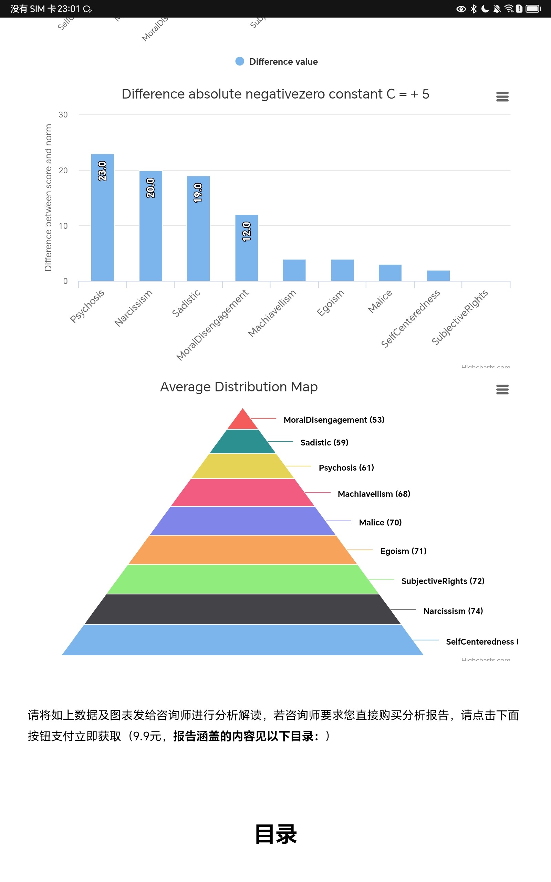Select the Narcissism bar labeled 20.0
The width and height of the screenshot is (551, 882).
(x=150, y=226)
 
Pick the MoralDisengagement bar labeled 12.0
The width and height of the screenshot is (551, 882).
(x=246, y=248)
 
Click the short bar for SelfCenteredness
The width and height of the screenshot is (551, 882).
(x=438, y=276)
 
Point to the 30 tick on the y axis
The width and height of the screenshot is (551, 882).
(x=63, y=115)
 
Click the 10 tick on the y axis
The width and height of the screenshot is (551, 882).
(x=63, y=226)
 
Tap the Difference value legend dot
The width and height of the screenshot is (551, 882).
(x=239, y=61)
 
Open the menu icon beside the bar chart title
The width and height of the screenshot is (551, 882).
(x=502, y=96)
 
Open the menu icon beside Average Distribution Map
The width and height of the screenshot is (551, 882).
(x=502, y=389)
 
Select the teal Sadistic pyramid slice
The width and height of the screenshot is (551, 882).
(x=243, y=442)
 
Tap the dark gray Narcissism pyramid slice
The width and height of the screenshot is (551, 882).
(x=243, y=609)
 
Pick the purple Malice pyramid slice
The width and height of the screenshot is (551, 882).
(x=243, y=521)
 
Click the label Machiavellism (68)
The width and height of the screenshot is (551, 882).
(x=374, y=494)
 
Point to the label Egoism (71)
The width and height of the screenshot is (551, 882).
(x=403, y=551)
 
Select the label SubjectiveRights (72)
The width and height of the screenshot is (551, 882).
(x=443, y=581)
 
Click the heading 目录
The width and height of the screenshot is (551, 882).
(x=276, y=834)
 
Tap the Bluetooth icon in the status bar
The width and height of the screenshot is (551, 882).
(x=474, y=9)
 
